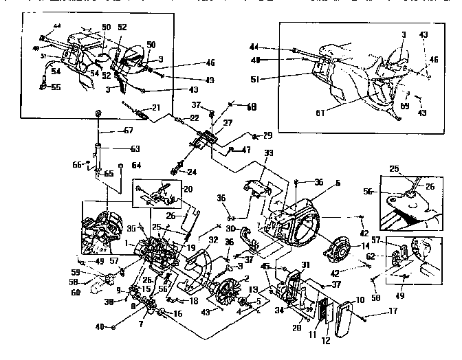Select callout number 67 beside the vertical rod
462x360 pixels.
[x=128, y=131]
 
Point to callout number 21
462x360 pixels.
[x=156, y=107]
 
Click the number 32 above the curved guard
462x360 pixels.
[x=214, y=240]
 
